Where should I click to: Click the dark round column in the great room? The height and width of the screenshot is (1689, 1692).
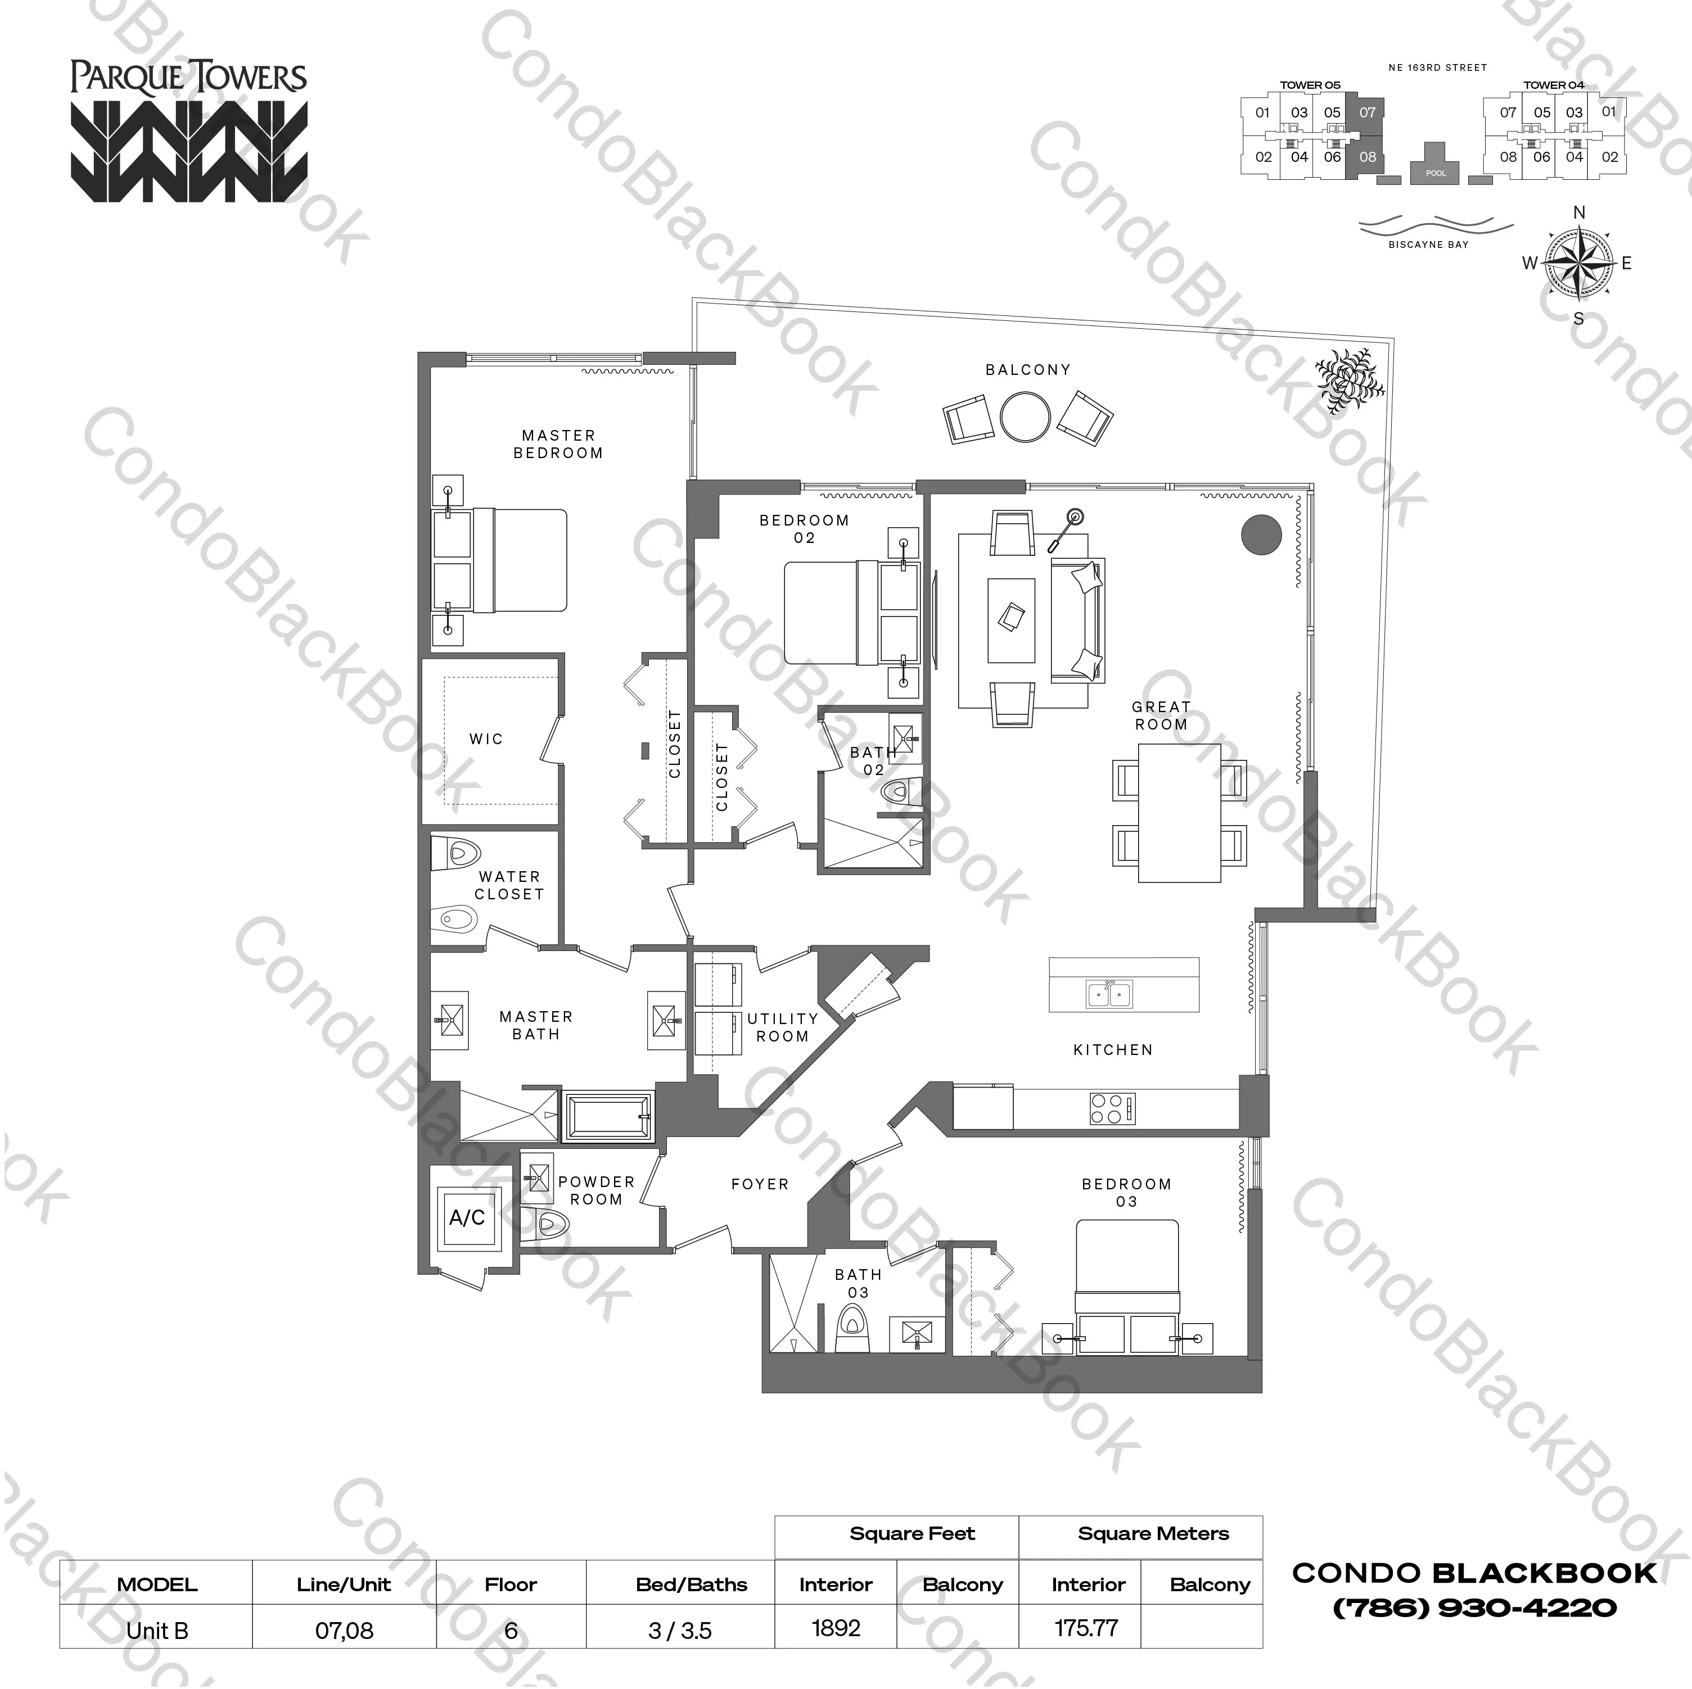point(1261,533)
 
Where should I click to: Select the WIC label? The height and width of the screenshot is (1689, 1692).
point(486,739)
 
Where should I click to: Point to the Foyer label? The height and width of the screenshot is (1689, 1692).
point(759,1184)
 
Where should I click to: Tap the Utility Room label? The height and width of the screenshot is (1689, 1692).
point(782,1027)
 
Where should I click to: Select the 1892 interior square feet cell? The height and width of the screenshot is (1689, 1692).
point(836,1628)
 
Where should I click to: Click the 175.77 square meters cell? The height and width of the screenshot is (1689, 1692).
point(1086,1628)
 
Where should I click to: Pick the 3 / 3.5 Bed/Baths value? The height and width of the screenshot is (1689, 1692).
point(680,1631)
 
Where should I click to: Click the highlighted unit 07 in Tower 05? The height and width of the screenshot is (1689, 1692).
point(1367,112)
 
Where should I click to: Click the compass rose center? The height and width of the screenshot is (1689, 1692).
point(1579,262)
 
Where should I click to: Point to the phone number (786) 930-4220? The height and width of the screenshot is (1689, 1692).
point(1474,1608)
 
